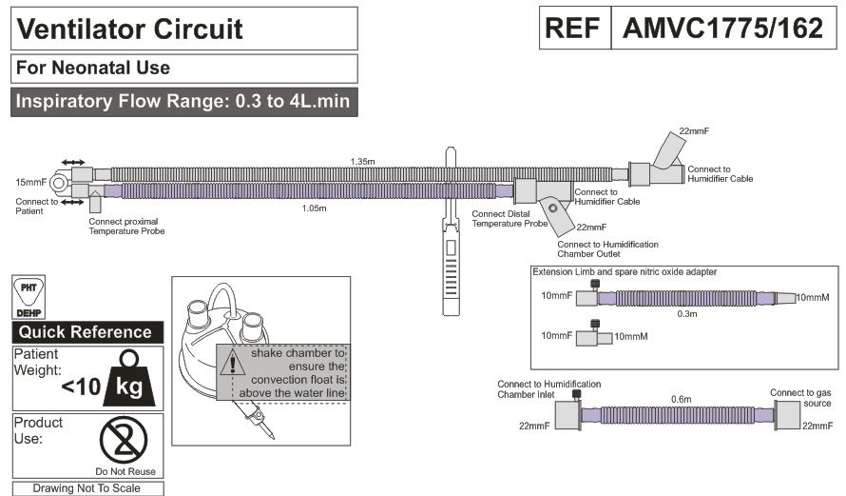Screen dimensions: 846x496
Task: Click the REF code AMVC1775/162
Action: (x=723, y=29)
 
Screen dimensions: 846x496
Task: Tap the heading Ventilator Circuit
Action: (x=130, y=29)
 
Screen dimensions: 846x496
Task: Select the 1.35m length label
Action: (x=362, y=162)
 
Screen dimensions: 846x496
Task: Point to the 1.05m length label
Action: (x=314, y=208)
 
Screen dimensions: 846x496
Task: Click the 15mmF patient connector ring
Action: (x=58, y=183)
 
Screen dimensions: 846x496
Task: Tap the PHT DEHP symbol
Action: (x=29, y=297)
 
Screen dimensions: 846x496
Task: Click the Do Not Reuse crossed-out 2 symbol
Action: (x=124, y=440)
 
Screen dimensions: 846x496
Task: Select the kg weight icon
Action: (x=130, y=378)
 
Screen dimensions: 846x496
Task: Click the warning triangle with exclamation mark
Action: (x=233, y=363)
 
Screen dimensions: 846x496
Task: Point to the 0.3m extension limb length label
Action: (x=687, y=314)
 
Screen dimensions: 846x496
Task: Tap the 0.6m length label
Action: (x=681, y=399)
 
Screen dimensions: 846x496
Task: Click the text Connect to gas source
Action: (x=800, y=398)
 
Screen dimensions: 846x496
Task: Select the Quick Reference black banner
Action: (x=87, y=332)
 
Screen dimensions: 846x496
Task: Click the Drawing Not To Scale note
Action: (x=87, y=488)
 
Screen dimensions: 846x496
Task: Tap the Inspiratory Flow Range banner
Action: (x=184, y=102)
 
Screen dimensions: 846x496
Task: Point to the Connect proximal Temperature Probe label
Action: (x=126, y=227)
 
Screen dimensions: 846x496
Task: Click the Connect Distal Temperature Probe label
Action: (x=510, y=219)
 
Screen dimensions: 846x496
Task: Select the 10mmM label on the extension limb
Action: (x=813, y=297)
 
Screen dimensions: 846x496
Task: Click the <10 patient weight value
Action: (x=81, y=387)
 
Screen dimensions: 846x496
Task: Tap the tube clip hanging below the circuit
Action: (x=452, y=231)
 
